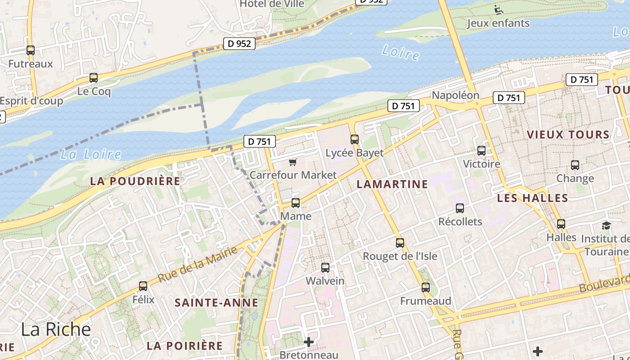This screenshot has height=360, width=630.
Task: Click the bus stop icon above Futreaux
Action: point(31,50)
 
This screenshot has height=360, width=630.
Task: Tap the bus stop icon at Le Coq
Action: point(94,78)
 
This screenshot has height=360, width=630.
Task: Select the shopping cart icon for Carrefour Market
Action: point(293,162)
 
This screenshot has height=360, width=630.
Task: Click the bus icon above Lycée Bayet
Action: point(355,139)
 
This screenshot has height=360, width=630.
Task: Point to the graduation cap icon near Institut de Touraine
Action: point(607,225)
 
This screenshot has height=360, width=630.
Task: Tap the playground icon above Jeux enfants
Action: point(498,9)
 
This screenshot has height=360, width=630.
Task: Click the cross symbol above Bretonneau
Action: point(309,342)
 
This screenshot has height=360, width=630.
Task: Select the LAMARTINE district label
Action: point(392,184)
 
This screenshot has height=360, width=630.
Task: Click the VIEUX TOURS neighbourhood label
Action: point(568,135)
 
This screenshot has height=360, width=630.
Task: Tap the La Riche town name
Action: point(56,329)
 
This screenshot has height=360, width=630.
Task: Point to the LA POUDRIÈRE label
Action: point(135,181)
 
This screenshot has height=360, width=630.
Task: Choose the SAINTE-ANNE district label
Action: point(216,303)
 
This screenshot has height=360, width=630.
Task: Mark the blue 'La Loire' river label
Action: point(91,155)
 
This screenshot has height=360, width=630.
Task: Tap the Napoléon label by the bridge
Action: point(455,95)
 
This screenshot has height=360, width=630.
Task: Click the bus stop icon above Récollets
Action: point(460,208)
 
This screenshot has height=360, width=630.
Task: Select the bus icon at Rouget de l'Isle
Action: point(400,243)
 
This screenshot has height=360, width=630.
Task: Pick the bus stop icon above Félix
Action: point(143,286)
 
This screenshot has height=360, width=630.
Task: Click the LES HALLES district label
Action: point(532,198)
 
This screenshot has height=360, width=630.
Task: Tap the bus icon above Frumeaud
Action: point(426,288)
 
